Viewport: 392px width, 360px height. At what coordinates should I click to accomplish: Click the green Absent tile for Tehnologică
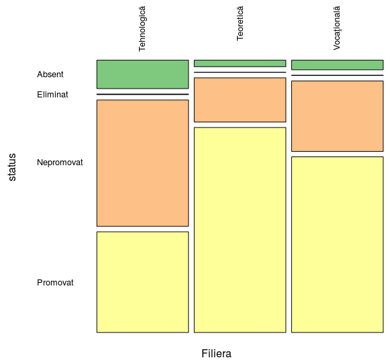pos(142,75)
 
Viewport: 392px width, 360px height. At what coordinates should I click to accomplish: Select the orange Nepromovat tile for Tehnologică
pos(142,163)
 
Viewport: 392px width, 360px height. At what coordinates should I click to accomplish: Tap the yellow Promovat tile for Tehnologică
pos(142,282)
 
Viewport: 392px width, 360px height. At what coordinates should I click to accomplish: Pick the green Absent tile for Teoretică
pos(240,63)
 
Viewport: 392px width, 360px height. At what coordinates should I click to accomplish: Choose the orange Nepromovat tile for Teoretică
pos(240,100)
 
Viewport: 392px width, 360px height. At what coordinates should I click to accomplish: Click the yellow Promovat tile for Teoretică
pos(240,230)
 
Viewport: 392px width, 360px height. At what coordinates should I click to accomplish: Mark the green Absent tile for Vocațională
pos(338,64)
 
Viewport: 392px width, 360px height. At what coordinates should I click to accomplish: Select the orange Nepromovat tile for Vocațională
pos(338,116)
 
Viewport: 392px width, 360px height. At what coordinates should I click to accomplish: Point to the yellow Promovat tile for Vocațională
pos(338,244)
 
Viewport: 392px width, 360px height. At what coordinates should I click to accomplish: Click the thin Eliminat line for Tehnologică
pos(142,94)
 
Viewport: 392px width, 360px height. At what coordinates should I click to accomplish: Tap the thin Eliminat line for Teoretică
pos(240,73)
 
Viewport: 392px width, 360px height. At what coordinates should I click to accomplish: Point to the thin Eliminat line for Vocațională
pos(338,75)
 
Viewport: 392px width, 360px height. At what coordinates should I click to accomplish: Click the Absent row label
pos(50,75)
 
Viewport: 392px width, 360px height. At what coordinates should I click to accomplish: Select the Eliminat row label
pos(52,95)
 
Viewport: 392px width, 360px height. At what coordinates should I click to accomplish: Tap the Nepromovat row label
pos(60,163)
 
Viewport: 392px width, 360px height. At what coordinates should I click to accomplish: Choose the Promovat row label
pos(55,283)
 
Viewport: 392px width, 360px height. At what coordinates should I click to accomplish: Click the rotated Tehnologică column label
pos(142,29)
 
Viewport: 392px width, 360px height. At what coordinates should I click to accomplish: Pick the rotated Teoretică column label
pos(240,24)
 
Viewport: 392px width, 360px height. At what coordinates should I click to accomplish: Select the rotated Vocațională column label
pos(337,28)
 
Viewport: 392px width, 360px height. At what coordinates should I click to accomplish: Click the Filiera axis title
pos(217,354)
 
